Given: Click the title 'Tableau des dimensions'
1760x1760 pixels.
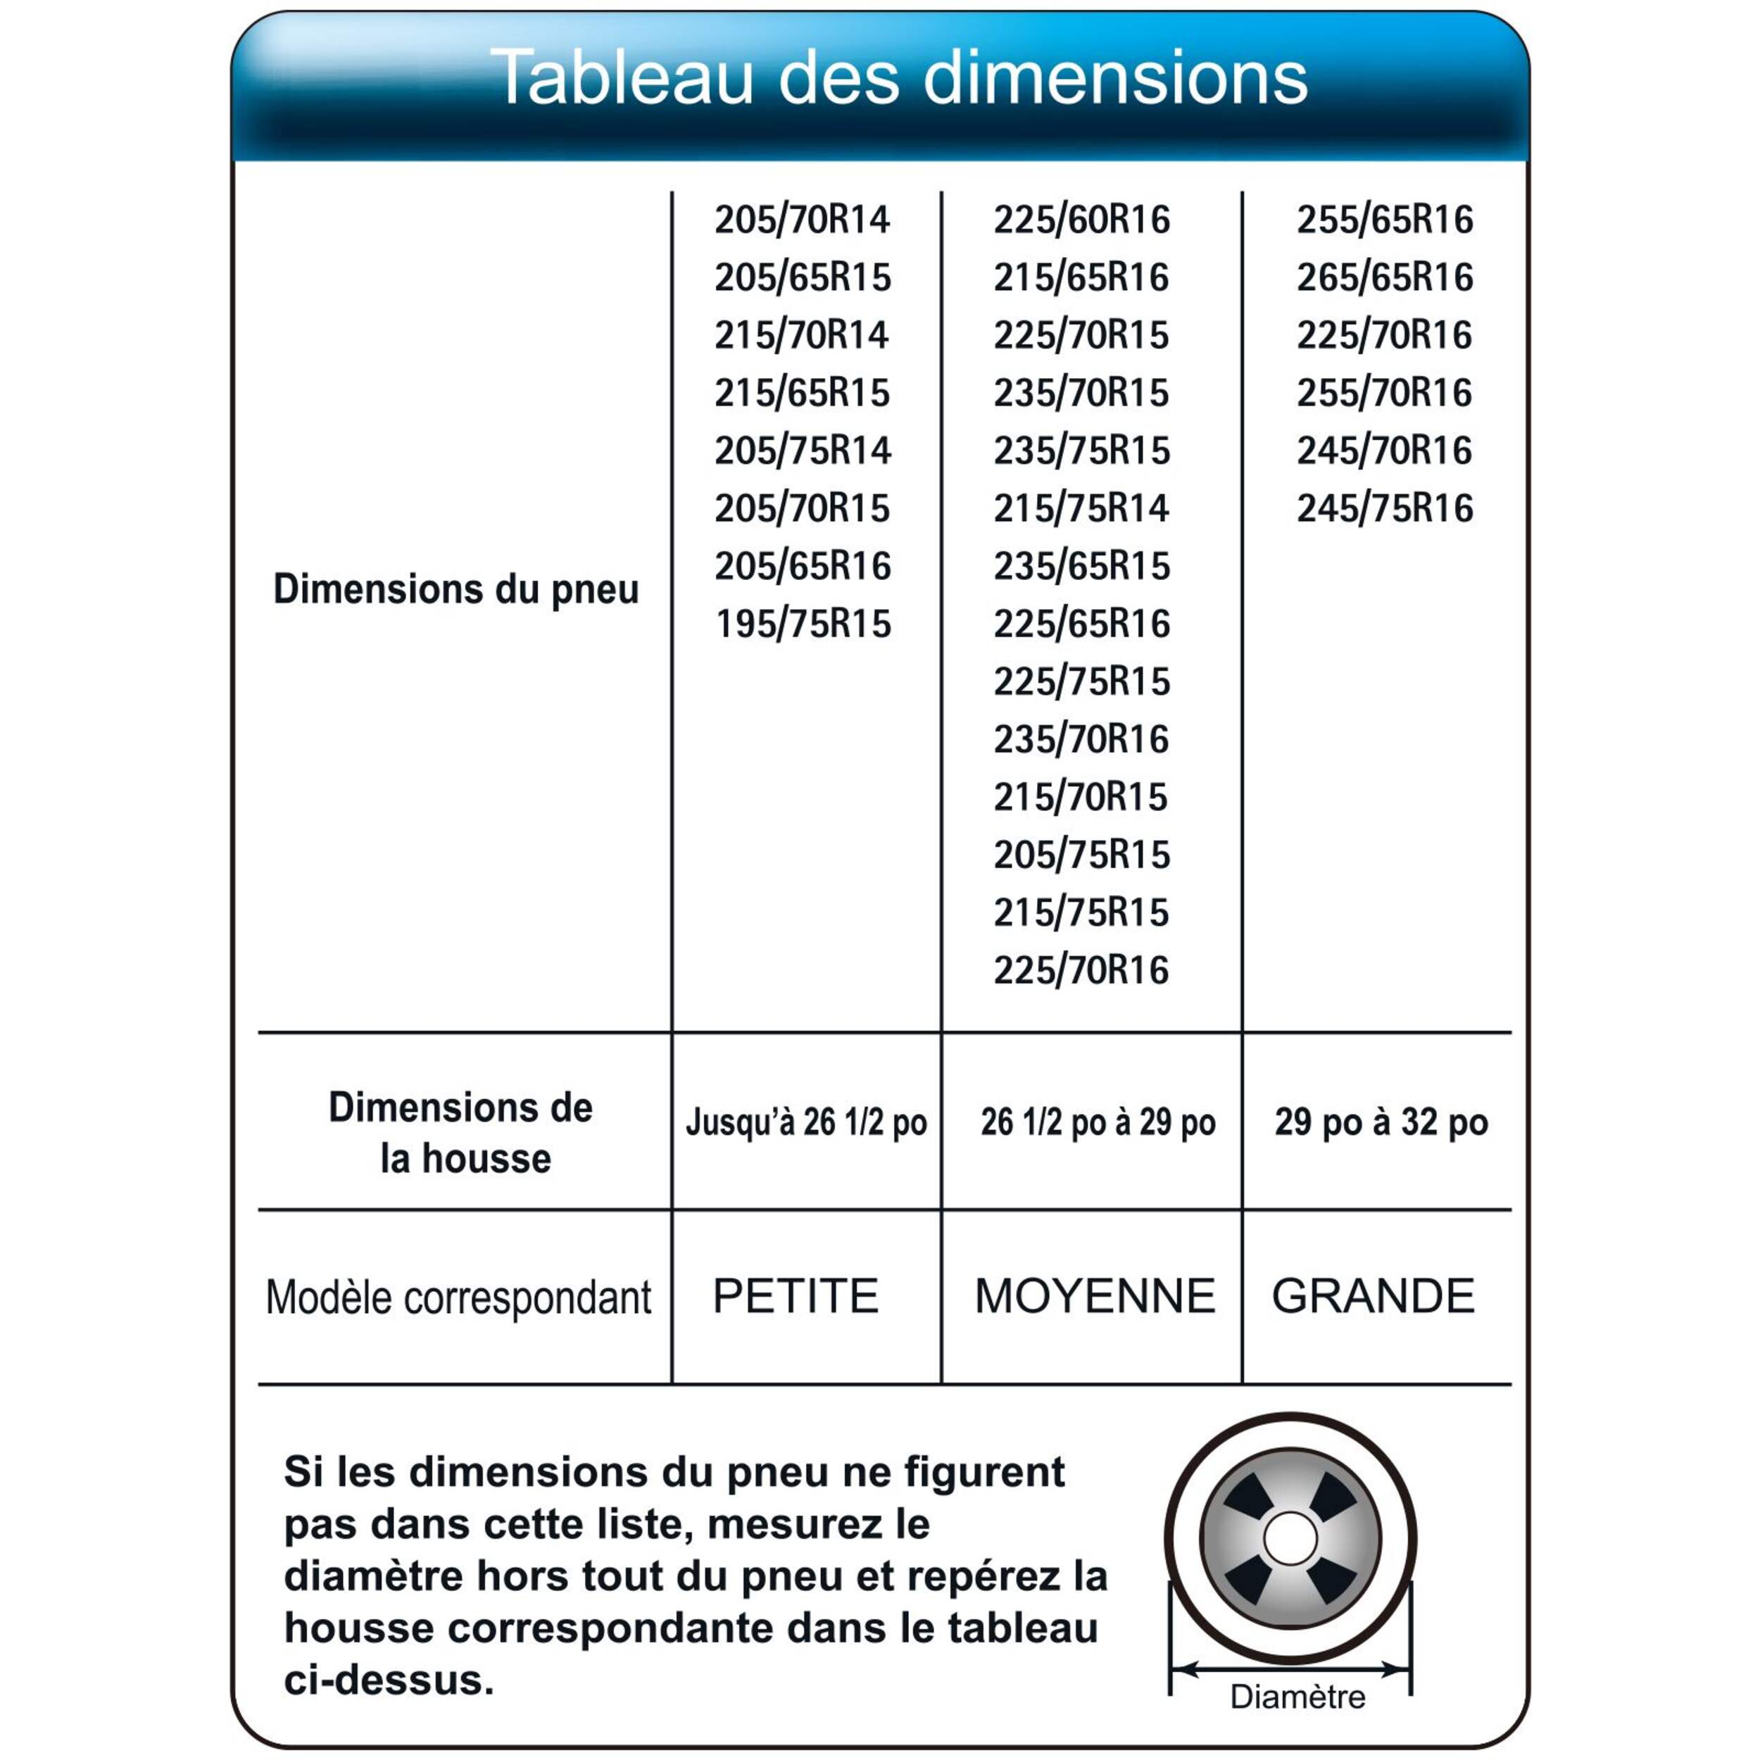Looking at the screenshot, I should pyautogui.click(x=898, y=78).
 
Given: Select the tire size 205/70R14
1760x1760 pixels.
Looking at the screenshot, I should pyautogui.click(x=802, y=220).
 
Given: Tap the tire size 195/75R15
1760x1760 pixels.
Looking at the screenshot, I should pyautogui.click(x=803, y=624).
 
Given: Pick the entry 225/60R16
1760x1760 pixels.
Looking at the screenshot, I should pyautogui.click(x=1081, y=220).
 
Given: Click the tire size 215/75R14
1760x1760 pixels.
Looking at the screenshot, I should pyautogui.click(x=1081, y=508).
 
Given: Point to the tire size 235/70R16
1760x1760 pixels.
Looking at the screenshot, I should pyautogui.click(x=1081, y=738).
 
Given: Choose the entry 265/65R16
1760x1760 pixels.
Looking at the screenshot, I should pyautogui.click(x=1385, y=277).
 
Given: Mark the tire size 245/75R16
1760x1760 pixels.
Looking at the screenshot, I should pyautogui.click(x=1385, y=508).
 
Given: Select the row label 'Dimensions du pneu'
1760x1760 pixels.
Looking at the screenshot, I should pyautogui.click(x=456, y=589).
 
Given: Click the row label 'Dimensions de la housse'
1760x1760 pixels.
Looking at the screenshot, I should pyautogui.click(x=461, y=1132).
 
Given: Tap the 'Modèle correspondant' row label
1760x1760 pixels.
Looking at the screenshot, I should pyautogui.click(x=458, y=1297).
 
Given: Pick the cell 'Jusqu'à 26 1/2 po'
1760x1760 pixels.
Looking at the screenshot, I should pyautogui.click(x=806, y=1122).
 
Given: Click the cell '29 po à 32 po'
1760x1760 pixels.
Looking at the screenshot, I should pyautogui.click(x=1381, y=1122).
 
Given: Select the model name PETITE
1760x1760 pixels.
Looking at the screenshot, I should pyautogui.click(x=796, y=1295).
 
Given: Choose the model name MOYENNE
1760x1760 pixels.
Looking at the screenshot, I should pyautogui.click(x=1095, y=1295).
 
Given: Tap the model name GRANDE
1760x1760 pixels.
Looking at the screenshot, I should pyautogui.click(x=1373, y=1295).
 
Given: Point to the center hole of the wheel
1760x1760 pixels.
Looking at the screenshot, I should pyautogui.click(x=1290, y=1540).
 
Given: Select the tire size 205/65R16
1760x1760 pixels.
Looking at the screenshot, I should pyautogui.click(x=803, y=566).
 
